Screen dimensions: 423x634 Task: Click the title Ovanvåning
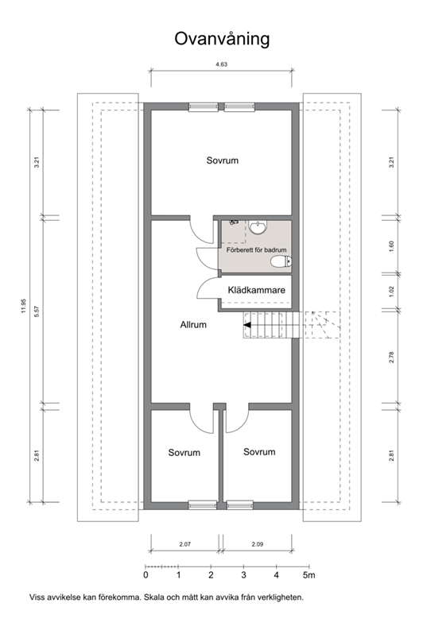pyautogui.click(x=222, y=39)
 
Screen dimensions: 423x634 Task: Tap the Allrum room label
pyautogui.click(x=193, y=325)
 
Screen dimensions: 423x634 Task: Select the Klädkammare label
pyautogui.click(x=256, y=290)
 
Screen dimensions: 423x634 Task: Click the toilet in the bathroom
pyautogui.click(x=281, y=262)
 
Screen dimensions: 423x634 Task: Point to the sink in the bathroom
pyautogui.click(x=258, y=227)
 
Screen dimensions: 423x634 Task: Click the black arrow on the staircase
pyautogui.click(x=247, y=325)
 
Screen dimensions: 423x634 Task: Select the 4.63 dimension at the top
pyautogui.click(x=221, y=64)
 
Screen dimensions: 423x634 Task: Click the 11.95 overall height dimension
pyautogui.click(x=24, y=306)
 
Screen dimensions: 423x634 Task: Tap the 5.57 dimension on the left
pyautogui.click(x=37, y=311)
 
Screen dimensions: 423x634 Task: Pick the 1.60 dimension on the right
pyautogui.click(x=391, y=246)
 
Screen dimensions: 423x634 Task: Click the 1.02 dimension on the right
pyautogui.click(x=391, y=292)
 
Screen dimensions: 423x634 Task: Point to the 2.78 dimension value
pyautogui.click(x=391, y=358)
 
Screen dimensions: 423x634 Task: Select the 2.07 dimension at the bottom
pyautogui.click(x=185, y=544)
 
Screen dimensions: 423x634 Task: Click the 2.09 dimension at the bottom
pyautogui.click(x=258, y=544)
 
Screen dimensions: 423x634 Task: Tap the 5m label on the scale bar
pyautogui.click(x=309, y=575)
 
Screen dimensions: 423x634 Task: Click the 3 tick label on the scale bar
pyautogui.click(x=243, y=575)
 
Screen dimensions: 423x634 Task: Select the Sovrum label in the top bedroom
pyautogui.click(x=222, y=160)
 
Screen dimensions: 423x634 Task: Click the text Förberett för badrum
pyautogui.click(x=256, y=250)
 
